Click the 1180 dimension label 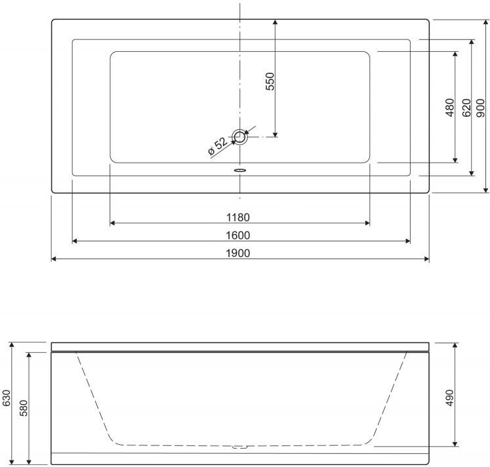coord(238,217)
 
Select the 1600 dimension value coord(238,235)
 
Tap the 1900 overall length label coord(238,253)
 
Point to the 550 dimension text coord(270,81)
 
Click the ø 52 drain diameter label coord(218,146)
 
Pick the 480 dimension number coord(450,107)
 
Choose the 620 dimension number coord(466,108)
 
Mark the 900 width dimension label coord(481,108)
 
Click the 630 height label coord(7,398)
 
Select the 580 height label coord(24,408)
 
